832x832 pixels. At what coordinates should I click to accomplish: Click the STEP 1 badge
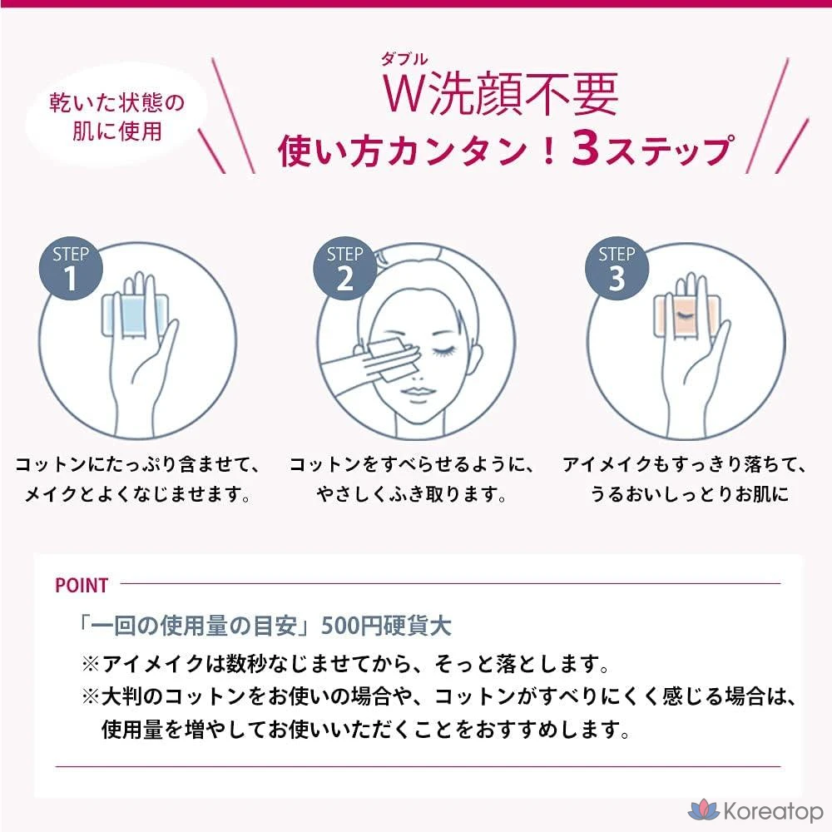[71, 269]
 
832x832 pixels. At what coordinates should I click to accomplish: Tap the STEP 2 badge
[345, 269]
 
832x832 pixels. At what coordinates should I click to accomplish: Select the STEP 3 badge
[617, 269]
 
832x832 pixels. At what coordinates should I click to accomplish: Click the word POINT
[82, 585]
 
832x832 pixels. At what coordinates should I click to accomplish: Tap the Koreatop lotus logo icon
[704, 810]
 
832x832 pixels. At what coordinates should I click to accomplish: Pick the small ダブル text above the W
[404, 59]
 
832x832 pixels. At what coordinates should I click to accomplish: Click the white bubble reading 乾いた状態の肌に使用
[116, 116]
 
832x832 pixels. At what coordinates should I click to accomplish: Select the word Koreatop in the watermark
[773, 811]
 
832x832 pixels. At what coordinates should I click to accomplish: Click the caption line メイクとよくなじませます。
[137, 494]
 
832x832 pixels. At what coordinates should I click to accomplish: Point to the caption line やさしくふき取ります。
[412, 494]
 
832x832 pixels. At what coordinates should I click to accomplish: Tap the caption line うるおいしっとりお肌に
[689, 494]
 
